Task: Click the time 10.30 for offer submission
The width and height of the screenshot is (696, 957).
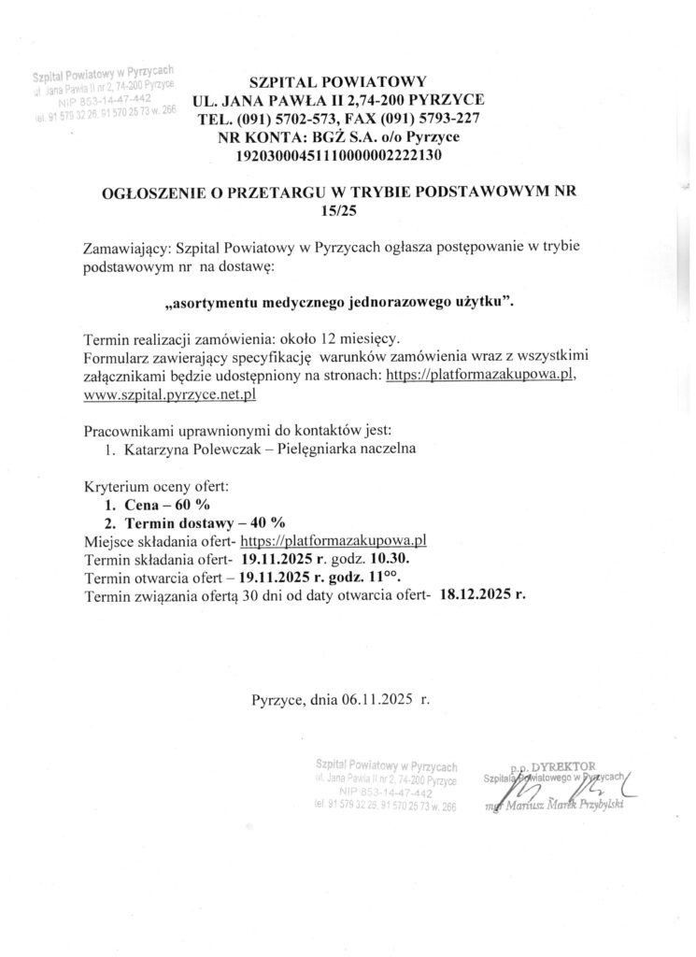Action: [x=383, y=558]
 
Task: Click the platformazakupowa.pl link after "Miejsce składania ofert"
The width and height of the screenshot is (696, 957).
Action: [x=334, y=540]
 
